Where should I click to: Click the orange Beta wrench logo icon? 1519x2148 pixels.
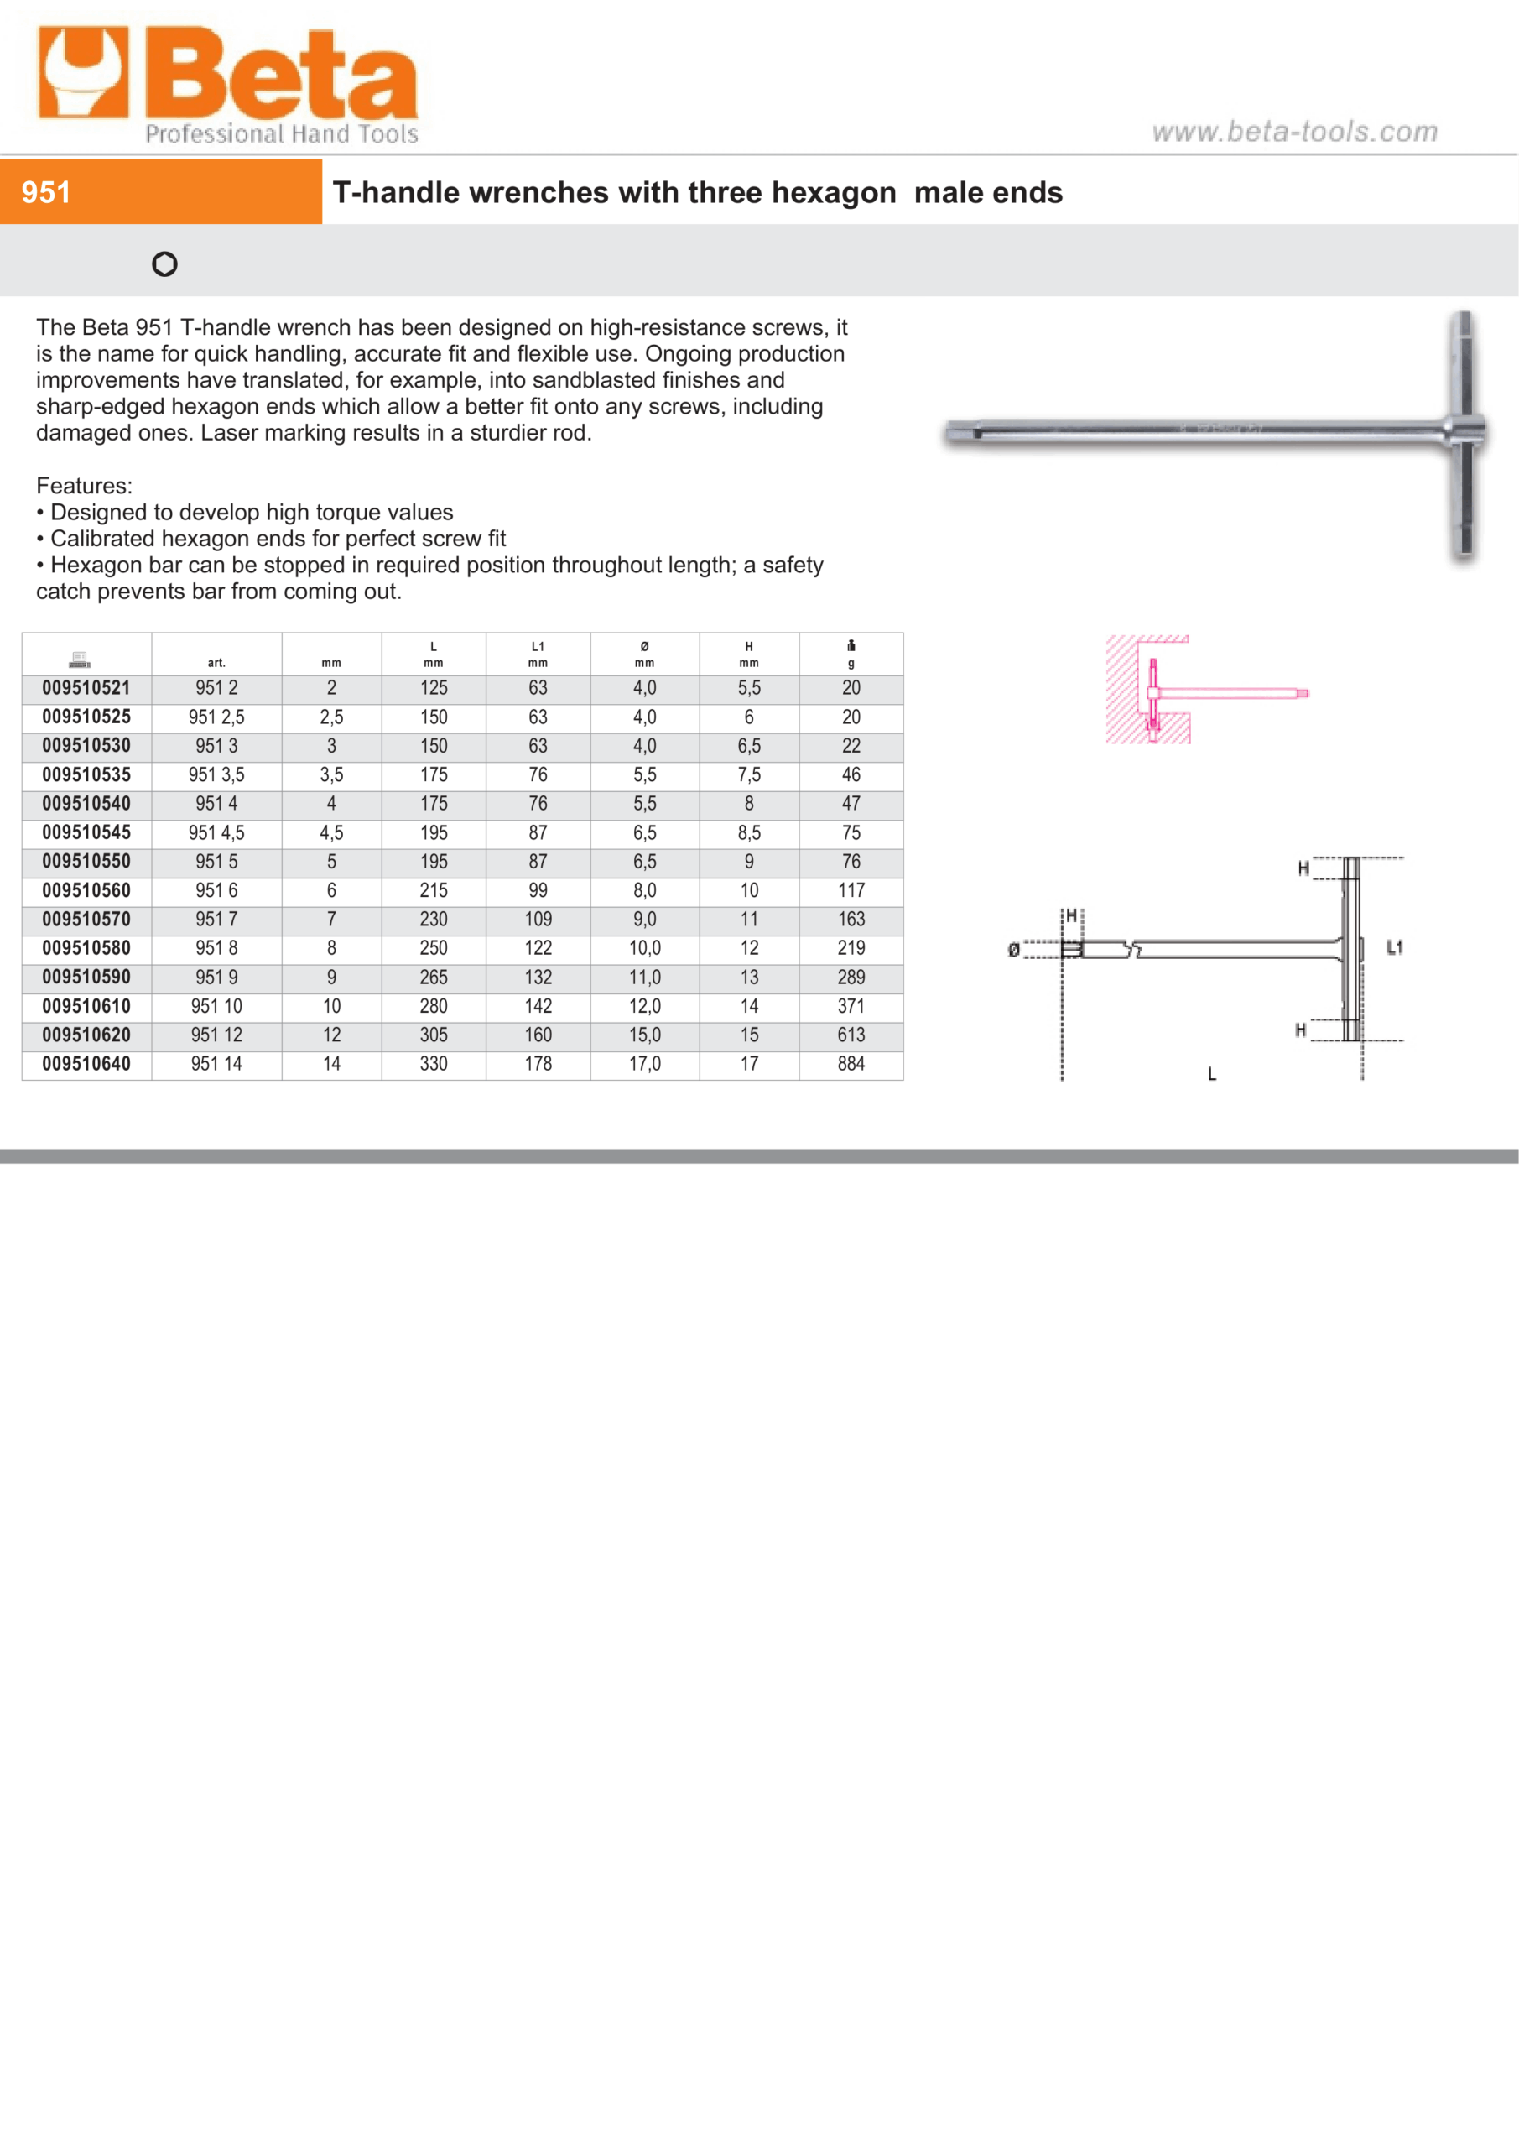click(x=82, y=72)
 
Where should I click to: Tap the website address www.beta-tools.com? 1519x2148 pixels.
click(x=1294, y=132)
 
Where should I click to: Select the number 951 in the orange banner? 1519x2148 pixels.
click(x=46, y=193)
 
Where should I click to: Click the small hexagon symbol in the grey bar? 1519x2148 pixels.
click(x=164, y=265)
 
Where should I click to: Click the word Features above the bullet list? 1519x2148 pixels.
click(x=84, y=486)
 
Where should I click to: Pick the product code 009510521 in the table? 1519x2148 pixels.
click(x=86, y=689)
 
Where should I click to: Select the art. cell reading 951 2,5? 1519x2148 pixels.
click(x=216, y=717)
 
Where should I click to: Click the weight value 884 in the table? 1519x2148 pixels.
click(x=851, y=1064)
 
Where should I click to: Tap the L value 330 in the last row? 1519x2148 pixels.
click(x=433, y=1064)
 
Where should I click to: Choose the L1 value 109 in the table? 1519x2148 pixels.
click(x=538, y=920)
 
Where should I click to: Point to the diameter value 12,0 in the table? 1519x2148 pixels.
click(x=644, y=1007)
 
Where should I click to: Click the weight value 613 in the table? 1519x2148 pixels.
click(x=851, y=1035)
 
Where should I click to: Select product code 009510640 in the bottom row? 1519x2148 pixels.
click(x=86, y=1064)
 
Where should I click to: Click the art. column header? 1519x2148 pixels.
click(x=216, y=662)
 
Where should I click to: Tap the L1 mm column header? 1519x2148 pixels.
click(x=538, y=654)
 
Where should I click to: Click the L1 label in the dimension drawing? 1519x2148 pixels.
click(x=1395, y=947)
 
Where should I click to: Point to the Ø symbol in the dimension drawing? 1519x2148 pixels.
click(x=1013, y=951)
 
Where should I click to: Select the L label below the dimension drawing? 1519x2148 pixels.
click(x=1212, y=1074)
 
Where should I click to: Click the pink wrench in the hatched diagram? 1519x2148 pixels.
click(x=1216, y=693)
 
